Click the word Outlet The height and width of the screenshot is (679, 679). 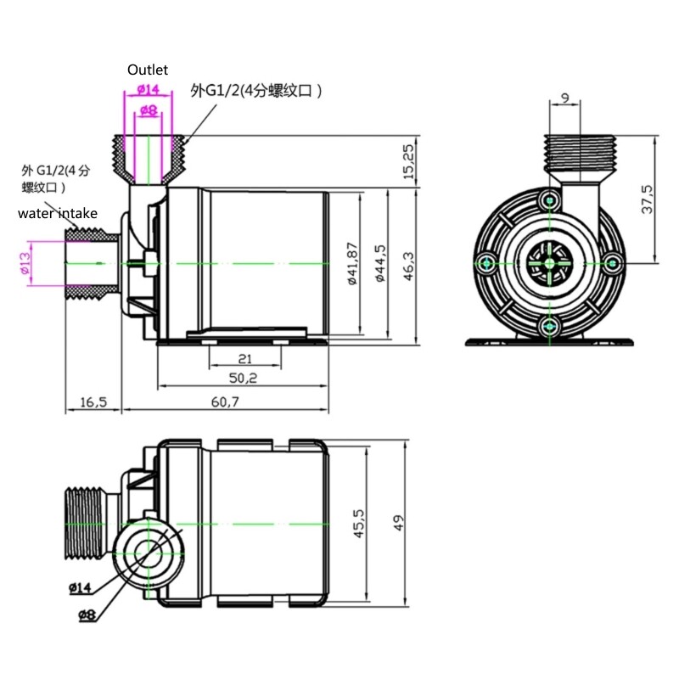point(149,70)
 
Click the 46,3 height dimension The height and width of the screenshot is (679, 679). point(408,265)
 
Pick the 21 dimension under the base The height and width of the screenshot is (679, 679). point(244,358)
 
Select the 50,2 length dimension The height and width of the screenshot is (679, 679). point(244,377)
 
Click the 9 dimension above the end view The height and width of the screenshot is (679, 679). point(565,98)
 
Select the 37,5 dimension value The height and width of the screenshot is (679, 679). point(647,199)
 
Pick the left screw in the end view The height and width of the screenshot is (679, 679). point(486,263)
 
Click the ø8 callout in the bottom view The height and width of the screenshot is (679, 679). point(86,616)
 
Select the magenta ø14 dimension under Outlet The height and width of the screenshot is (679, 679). point(148,88)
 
